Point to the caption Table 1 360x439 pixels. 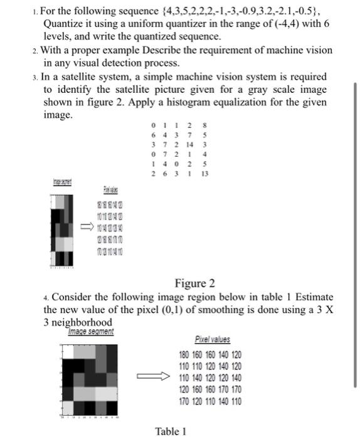171,431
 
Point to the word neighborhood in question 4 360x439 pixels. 76,322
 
